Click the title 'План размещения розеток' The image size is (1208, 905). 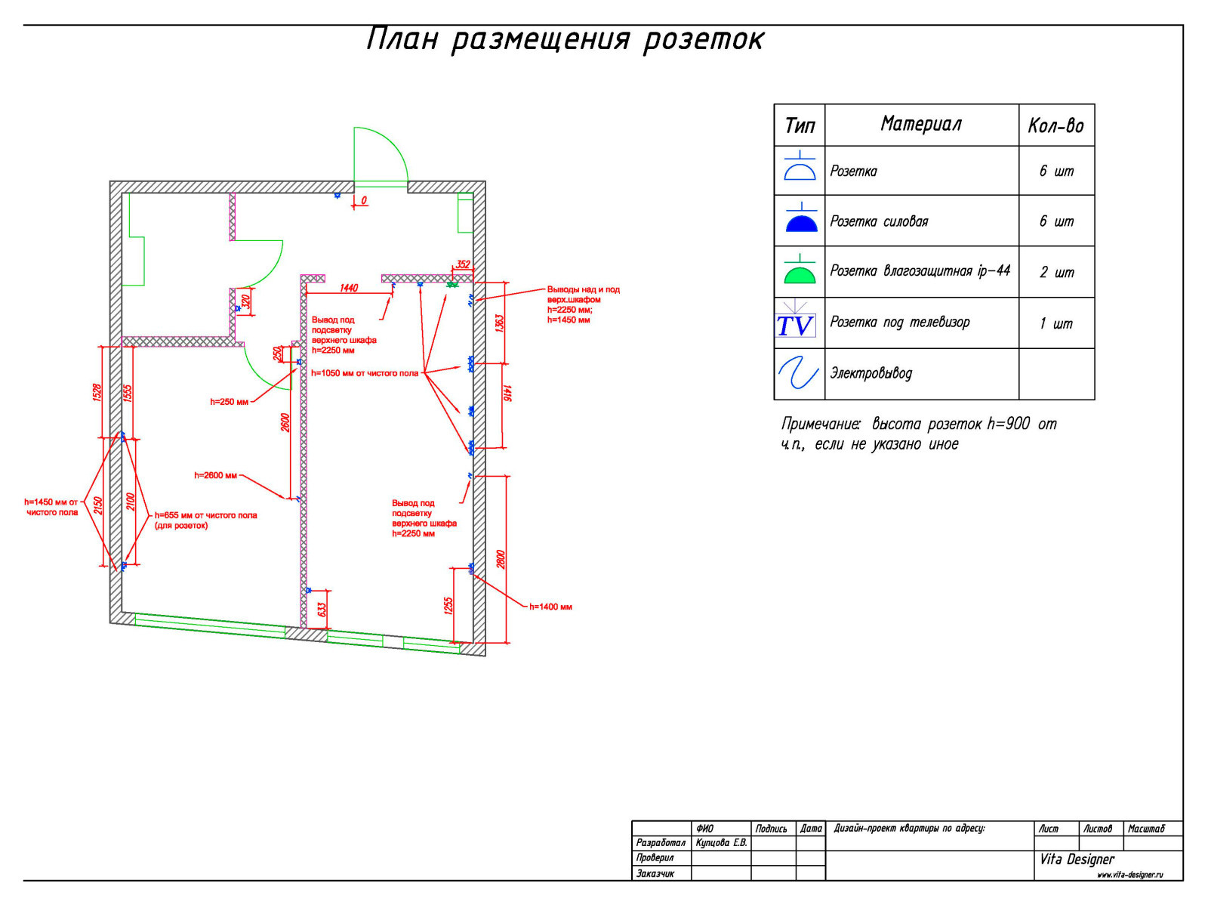click(x=565, y=39)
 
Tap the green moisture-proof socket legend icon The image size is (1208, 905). click(x=799, y=269)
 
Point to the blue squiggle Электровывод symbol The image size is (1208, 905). click(x=798, y=372)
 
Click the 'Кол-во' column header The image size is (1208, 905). click(x=1055, y=126)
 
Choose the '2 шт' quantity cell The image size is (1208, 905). click(x=1055, y=273)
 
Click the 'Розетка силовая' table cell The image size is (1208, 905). click(x=878, y=221)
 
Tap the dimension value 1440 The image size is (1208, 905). click(x=348, y=288)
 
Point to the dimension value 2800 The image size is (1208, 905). click(x=501, y=559)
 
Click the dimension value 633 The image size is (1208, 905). click(x=322, y=610)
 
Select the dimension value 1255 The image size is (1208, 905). click(x=448, y=606)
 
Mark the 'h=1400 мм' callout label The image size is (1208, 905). click(x=550, y=607)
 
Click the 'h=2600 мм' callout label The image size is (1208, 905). click(x=215, y=475)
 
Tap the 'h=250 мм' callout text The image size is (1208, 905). click(x=229, y=402)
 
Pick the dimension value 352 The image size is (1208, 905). click(x=463, y=264)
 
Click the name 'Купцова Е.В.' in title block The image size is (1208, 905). click(x=721, y=843)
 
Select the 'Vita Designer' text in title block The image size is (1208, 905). click(x=1077, y=859)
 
